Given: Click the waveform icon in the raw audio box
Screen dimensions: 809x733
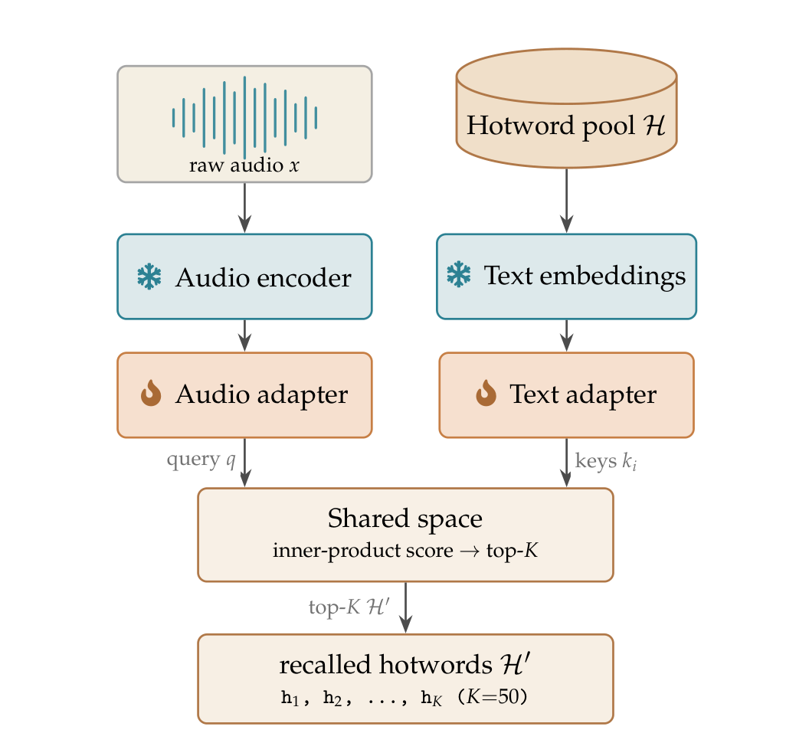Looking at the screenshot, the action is pos(244,116).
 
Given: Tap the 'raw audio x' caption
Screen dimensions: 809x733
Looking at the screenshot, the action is pos(244,165).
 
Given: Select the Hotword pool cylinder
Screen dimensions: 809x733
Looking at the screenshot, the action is pos(566,108).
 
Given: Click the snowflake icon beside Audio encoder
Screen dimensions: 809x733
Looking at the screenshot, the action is pos(149,277).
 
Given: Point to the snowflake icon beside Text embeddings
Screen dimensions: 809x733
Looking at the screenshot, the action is pos(459,274).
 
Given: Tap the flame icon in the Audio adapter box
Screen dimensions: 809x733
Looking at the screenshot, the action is pos(151,393).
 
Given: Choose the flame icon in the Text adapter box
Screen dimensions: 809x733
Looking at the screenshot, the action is pos(486,393).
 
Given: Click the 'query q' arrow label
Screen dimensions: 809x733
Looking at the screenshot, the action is pos(201,459).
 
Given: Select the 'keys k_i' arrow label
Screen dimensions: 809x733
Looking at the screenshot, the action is pos(606,461).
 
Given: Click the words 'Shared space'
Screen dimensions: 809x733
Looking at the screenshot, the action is pos(405,519).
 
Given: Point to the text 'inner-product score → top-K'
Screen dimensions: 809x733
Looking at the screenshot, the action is pos(405,551).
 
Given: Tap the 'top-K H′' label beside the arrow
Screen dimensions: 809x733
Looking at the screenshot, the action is pos(349,607).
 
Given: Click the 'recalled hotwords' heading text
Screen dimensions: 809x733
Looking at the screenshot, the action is pos(386,664).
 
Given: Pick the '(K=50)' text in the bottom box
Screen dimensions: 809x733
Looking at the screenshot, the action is pos(493,697).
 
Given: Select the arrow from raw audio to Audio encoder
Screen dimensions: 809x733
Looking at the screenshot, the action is pos(244,208).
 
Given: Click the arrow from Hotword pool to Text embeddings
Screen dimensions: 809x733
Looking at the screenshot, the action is pos(566,201).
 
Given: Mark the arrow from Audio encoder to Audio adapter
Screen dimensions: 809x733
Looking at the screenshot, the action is pos(244,335).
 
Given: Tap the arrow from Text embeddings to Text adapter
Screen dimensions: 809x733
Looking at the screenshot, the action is pos(566,335).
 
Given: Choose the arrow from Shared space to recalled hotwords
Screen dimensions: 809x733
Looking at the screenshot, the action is pos(405,607).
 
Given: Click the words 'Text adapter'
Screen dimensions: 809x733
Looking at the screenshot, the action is pos(583,395).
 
